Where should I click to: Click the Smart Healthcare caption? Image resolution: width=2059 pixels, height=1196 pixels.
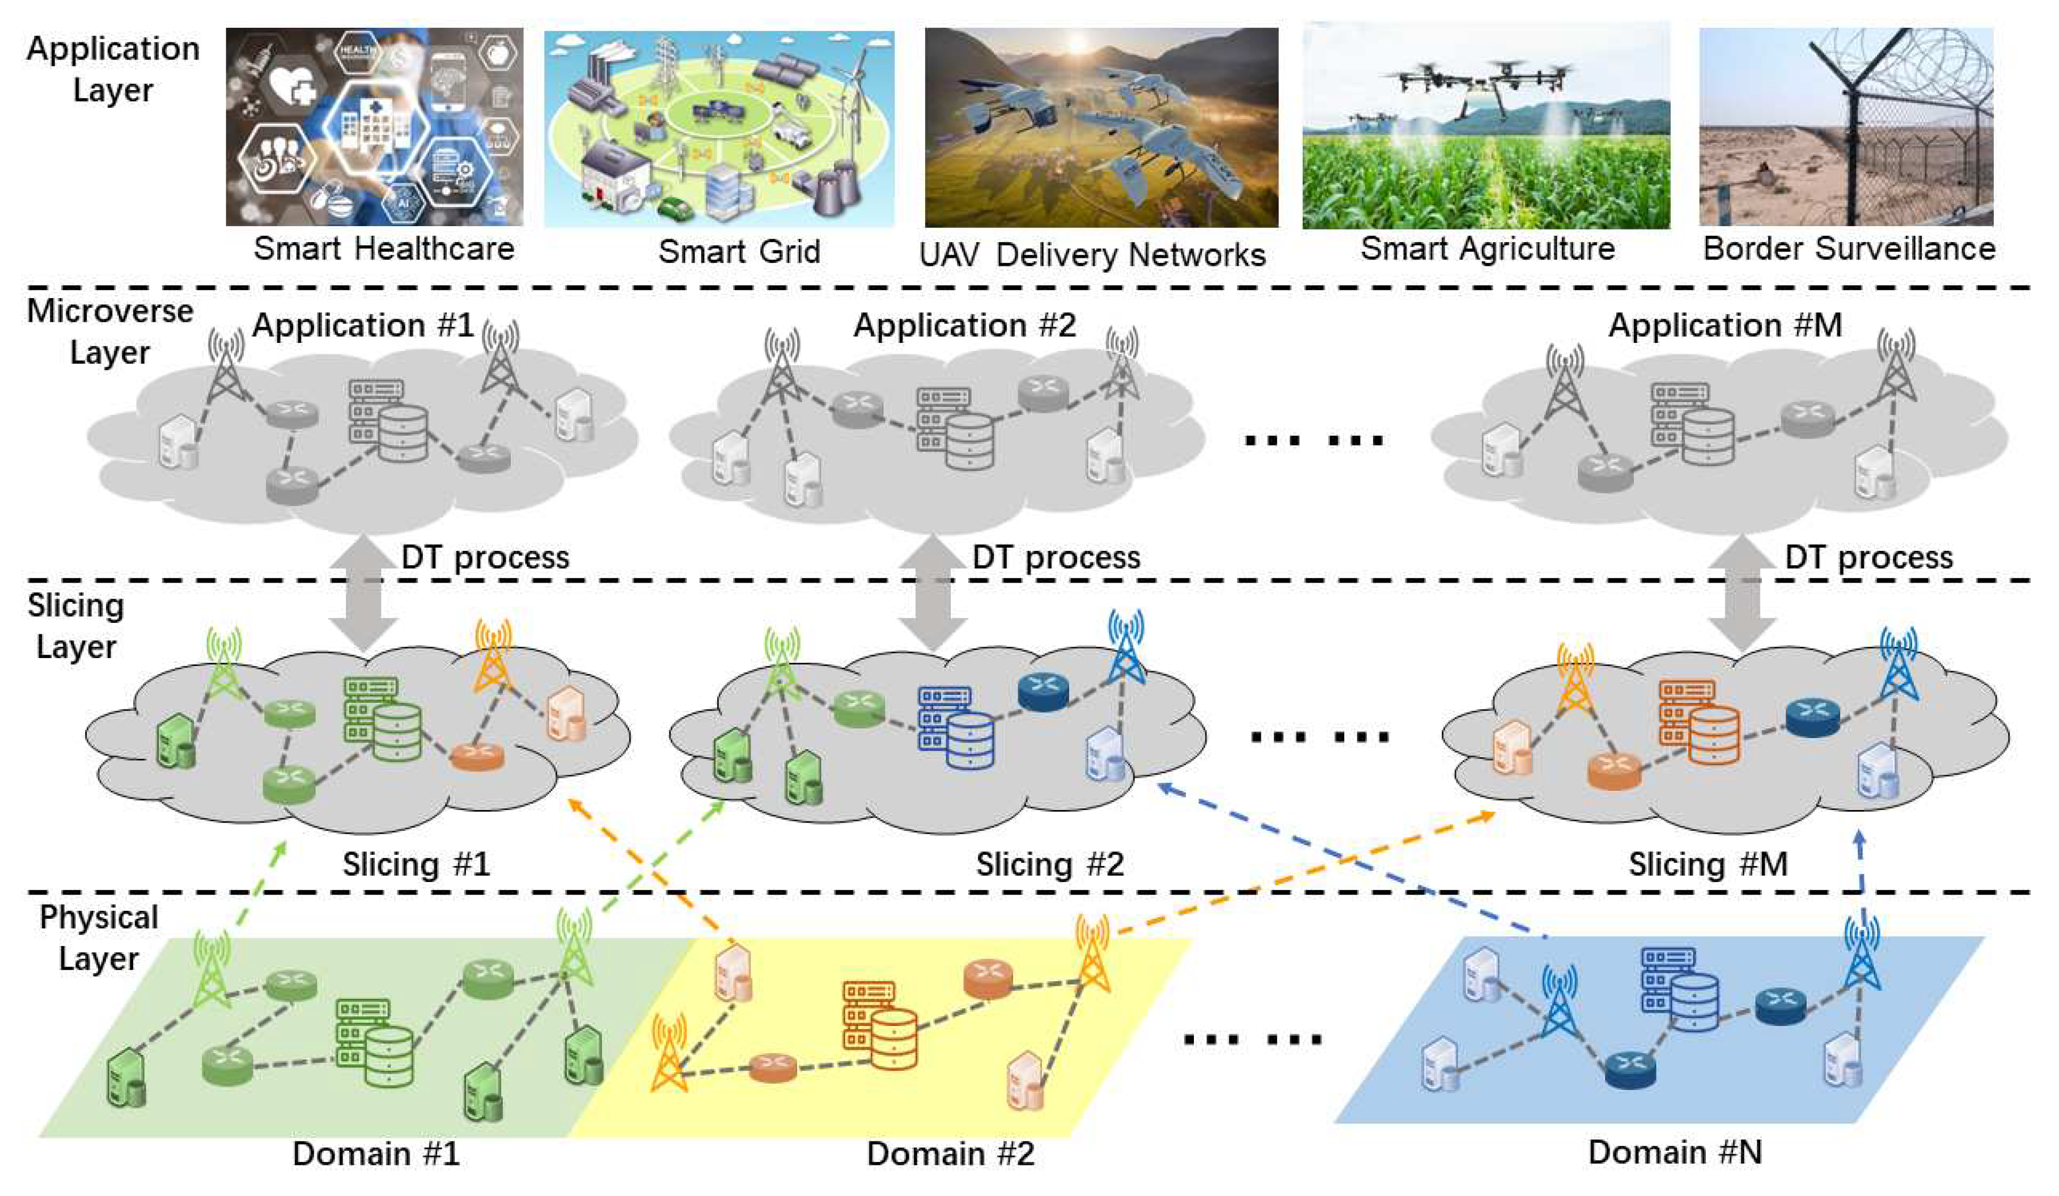pyautogui.click(x=383, y=248)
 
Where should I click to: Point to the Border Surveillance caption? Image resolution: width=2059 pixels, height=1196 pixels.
pyautogui.click(x=1848, y=248)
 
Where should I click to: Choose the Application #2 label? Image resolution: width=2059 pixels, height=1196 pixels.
pyautogui.click(x=964, y=325)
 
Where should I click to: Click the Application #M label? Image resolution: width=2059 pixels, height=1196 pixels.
pyautogui.click(x=1725, y=325)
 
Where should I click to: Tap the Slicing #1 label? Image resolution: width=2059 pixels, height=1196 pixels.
pyautogui.click(x=416, y=863)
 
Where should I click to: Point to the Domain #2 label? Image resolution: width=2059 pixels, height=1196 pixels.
pyautogui.click(x=950, y=1153)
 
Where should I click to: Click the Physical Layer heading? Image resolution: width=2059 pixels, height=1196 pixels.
pyautogui.click(x=99, y=938)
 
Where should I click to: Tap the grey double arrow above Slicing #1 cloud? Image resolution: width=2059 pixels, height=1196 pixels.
pyautogui.click(x=363, y=592)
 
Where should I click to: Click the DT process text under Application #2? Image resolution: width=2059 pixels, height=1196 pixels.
pyautogui.click(x=1056, y=557)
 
